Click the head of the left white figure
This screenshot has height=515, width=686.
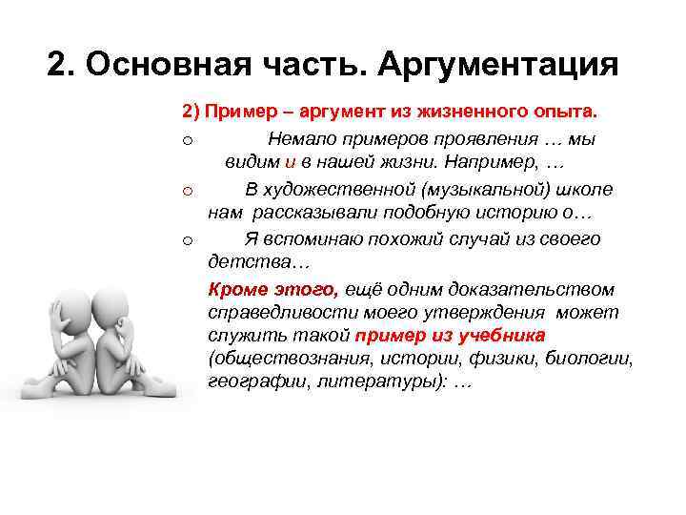pos(72,309)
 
